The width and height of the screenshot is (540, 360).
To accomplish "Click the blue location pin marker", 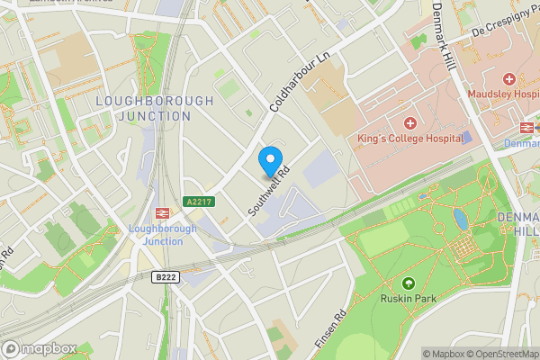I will (269, 162).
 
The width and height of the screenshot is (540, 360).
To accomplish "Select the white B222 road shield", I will (163, 278).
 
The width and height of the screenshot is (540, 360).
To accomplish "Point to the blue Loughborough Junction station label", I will (162, 234).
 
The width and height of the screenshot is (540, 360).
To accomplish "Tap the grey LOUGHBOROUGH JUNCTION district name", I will (154, 108).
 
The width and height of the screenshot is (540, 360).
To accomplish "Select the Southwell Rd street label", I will (269, 191).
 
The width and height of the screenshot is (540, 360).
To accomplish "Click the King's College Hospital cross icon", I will (410, 122).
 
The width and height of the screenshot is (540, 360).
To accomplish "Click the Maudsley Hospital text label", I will (504, 94).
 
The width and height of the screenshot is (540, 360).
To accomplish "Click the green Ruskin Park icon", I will (408, 283).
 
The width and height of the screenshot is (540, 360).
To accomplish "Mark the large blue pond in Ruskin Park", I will (461, 219).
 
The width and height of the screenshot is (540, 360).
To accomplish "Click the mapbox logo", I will (39, 348).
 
